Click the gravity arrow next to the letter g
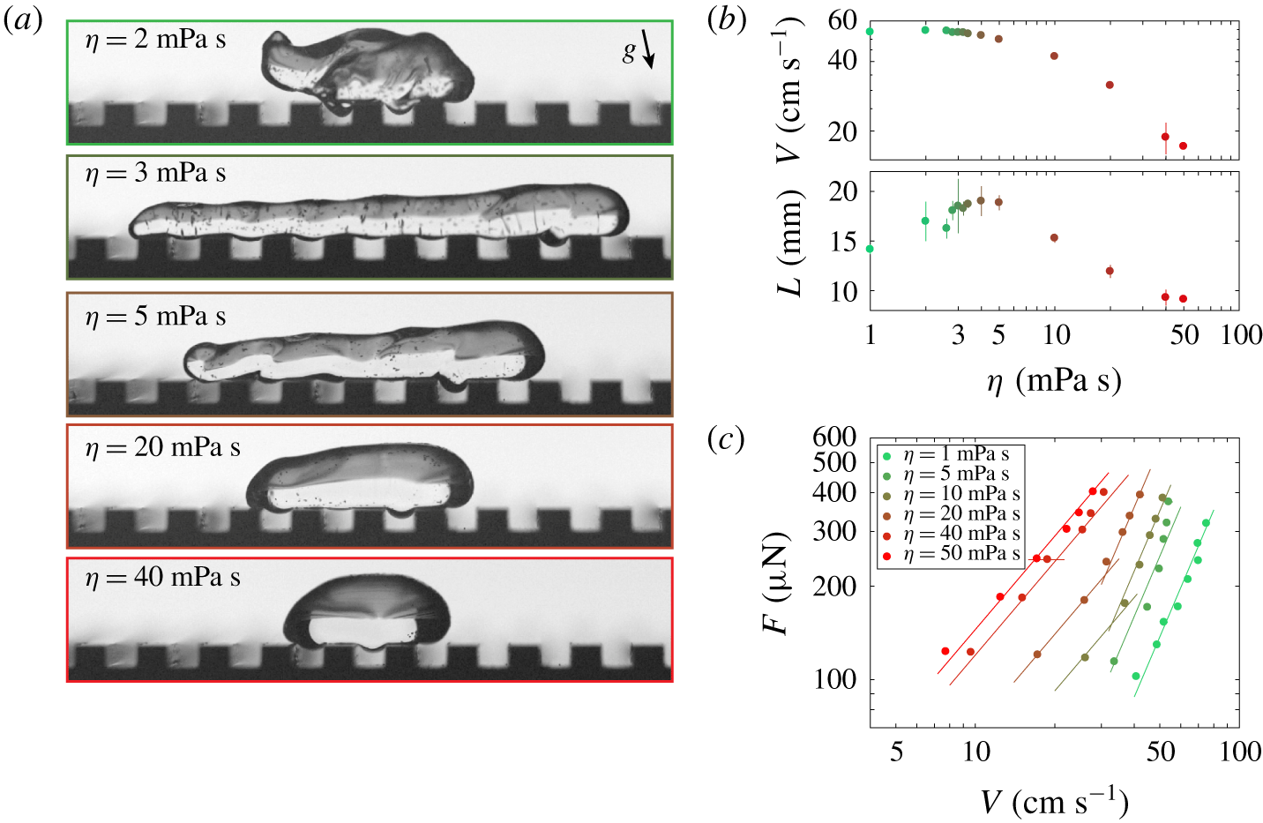point(648,49)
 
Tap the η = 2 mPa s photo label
point(155,40)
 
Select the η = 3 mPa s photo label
point(155,173)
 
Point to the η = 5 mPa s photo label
point(155,317)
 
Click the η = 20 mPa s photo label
point(163,448)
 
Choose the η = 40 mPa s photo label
point(163,578)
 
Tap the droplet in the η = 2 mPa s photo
point(367,71)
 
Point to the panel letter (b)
point(727,21)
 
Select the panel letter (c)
point(726,440)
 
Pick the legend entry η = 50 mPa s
point(951,554)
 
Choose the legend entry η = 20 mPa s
point(951,514)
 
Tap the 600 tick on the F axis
point(834,438)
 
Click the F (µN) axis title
point(776,583)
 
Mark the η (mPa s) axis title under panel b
point(1054,382)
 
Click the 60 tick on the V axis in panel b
point(842,21)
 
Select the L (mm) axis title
point(789,243)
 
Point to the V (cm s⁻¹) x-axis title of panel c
point(1054,802)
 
